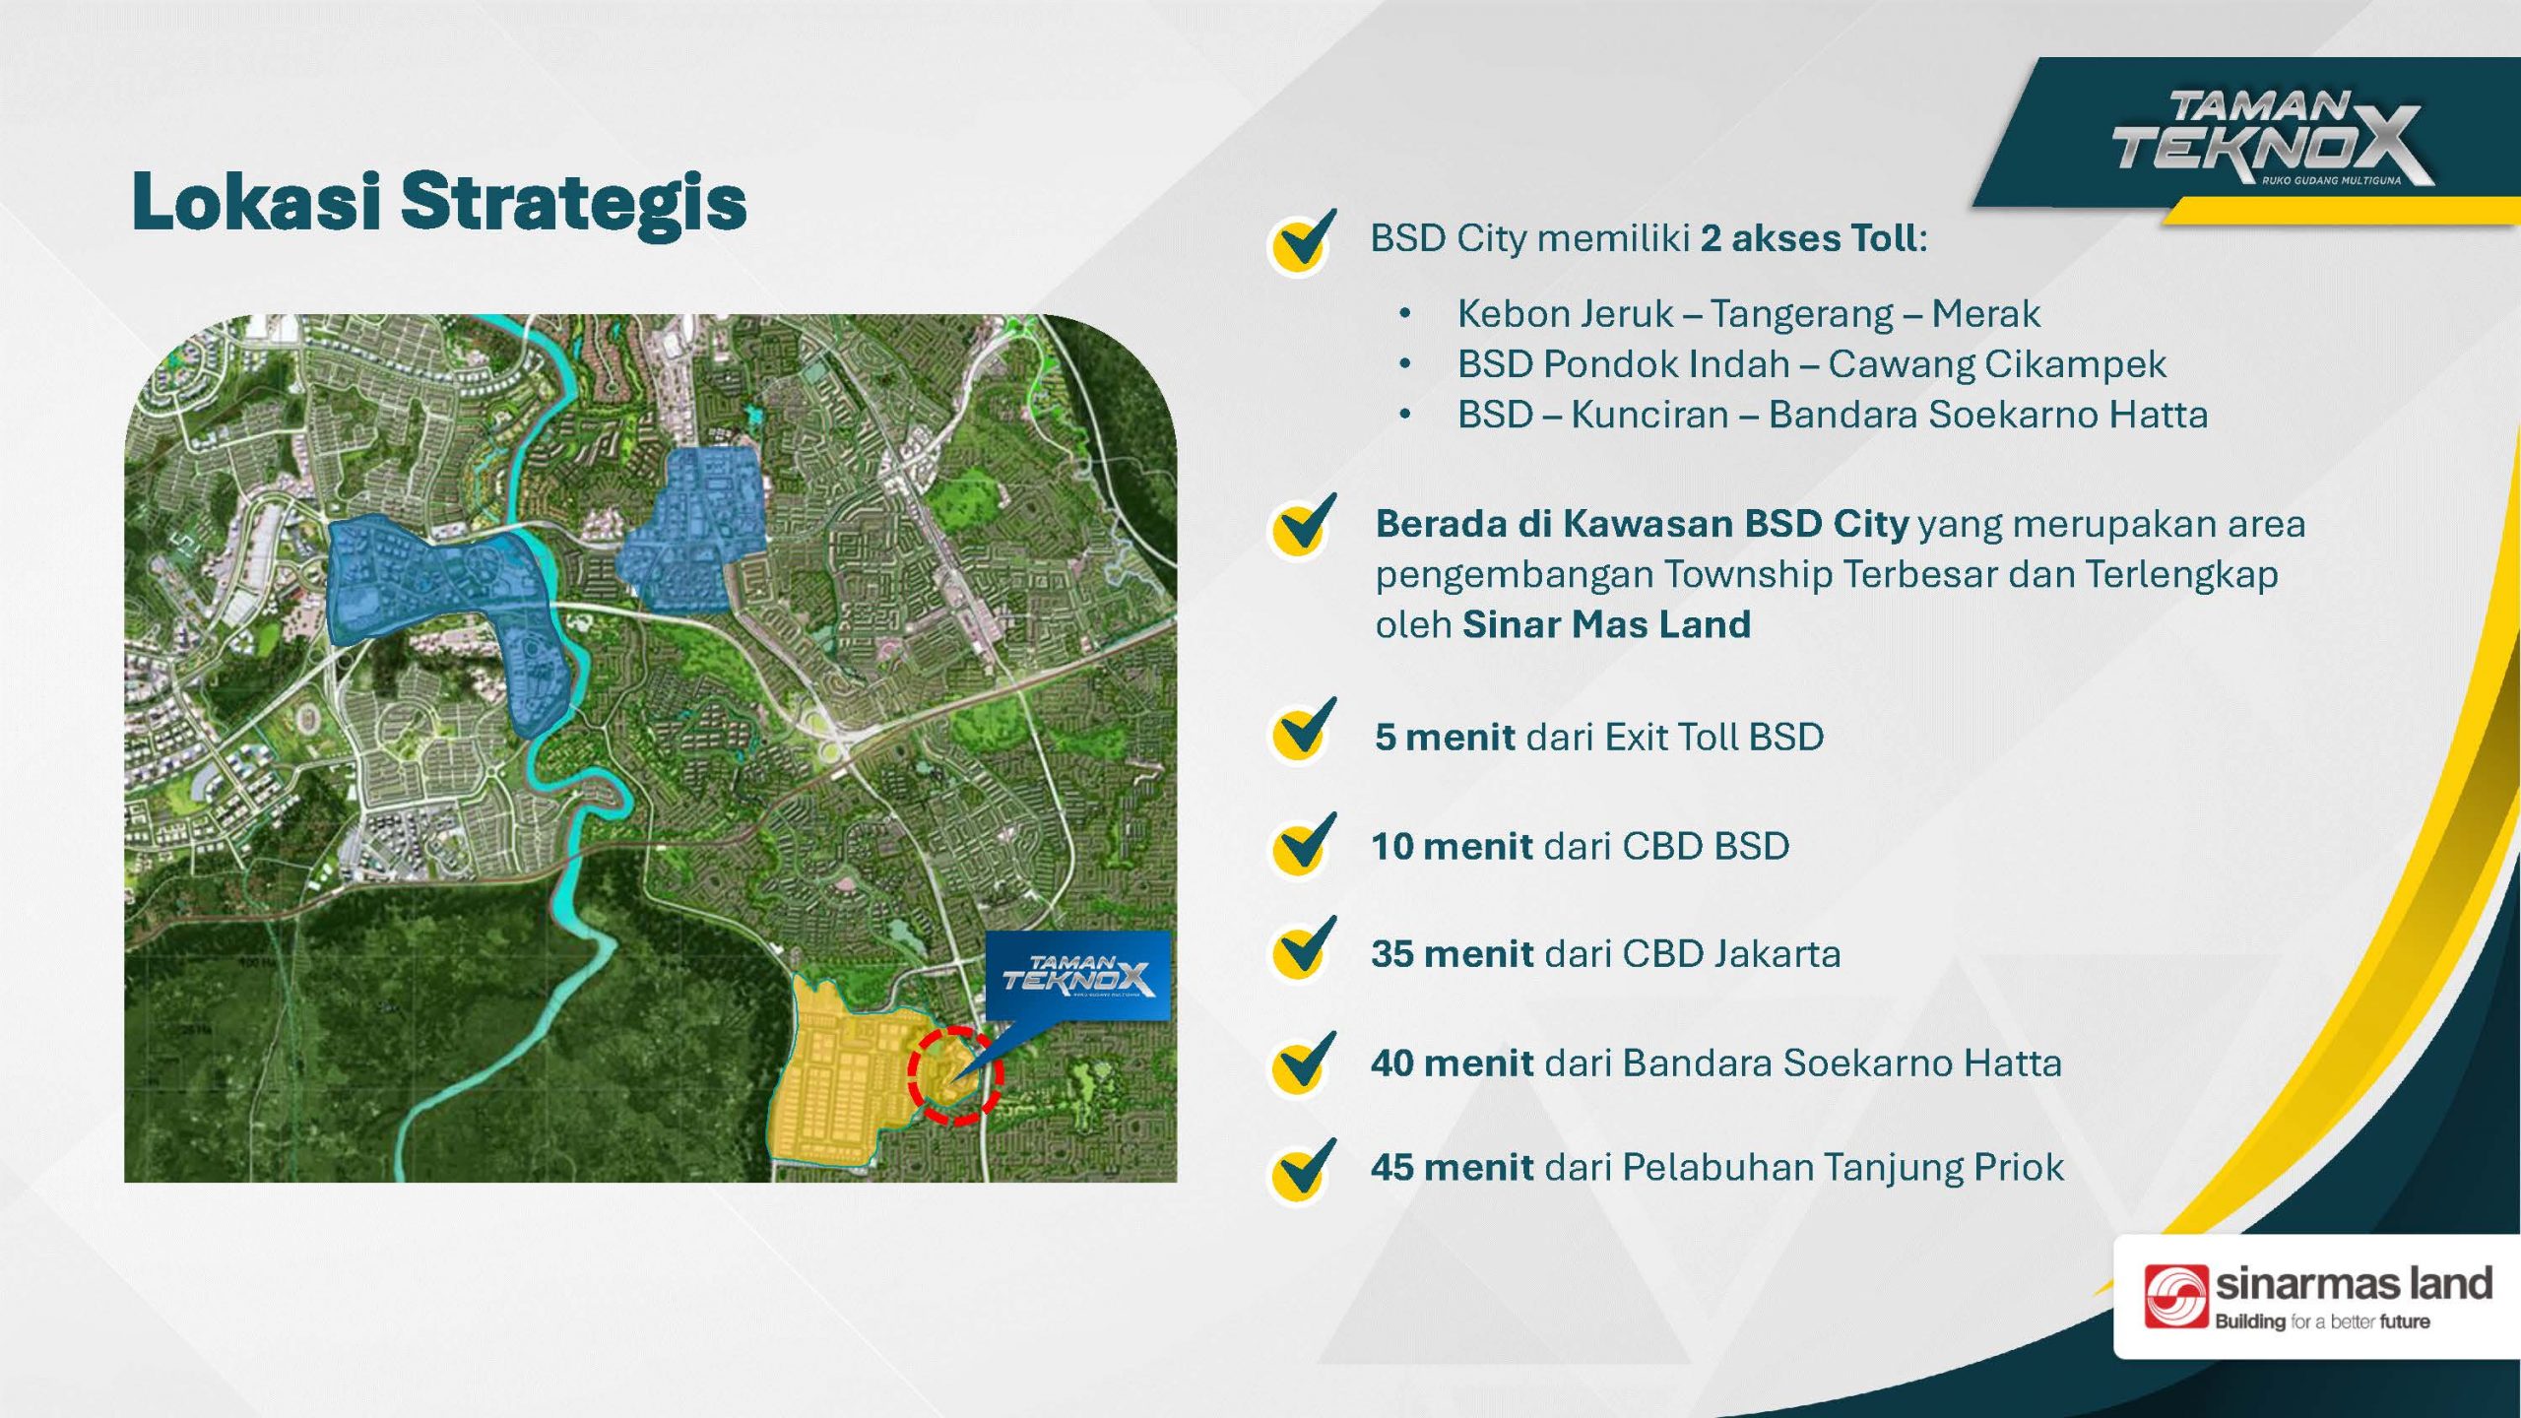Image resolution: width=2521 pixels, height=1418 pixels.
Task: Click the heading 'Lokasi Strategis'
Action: coord(439,202)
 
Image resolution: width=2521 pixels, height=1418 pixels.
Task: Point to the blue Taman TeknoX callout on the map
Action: coord(1077,976)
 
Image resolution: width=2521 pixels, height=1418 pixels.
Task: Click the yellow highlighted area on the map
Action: coord(837,1073)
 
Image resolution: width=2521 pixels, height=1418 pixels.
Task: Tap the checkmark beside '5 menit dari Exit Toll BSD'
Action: coord(1302,733)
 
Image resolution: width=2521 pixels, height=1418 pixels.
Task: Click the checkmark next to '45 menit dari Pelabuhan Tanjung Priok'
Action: coord(1302,1172)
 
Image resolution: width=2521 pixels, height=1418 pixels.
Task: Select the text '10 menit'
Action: coord(1453,846)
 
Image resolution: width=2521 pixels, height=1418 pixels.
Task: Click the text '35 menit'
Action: coord(1453,953)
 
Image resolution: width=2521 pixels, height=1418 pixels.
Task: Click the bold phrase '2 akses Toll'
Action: coord(1809,238)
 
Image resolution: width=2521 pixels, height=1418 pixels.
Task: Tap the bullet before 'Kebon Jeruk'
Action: coord(1405,314)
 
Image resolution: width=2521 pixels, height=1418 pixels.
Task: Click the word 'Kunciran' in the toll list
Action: coord(1649,415)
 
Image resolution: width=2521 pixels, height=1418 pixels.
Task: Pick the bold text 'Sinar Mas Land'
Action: coord(1607,624)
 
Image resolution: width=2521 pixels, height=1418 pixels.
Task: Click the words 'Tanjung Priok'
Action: coord(1944,1168)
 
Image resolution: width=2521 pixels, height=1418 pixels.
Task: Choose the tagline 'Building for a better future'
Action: coord(2322,1321)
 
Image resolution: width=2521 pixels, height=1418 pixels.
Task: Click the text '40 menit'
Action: coord(1453,1063)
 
